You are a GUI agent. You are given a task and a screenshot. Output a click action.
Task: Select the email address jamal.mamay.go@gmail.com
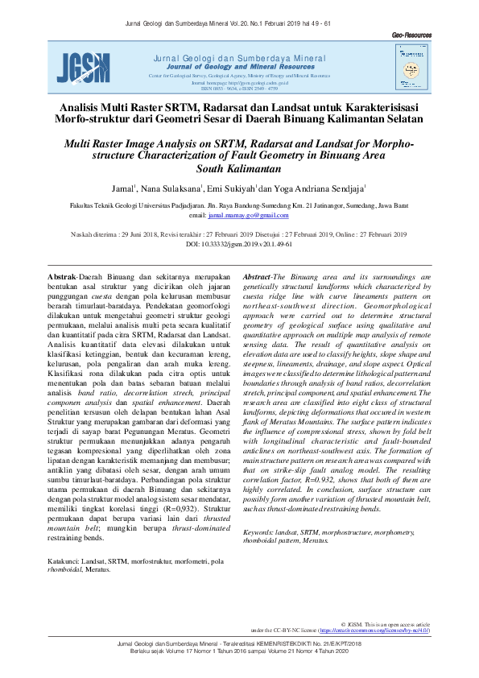tap(249, 216)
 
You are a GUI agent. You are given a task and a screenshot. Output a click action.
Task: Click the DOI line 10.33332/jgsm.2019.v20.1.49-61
tap(238, 242)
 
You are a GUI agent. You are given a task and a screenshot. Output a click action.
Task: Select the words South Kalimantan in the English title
tap(238, 169)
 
